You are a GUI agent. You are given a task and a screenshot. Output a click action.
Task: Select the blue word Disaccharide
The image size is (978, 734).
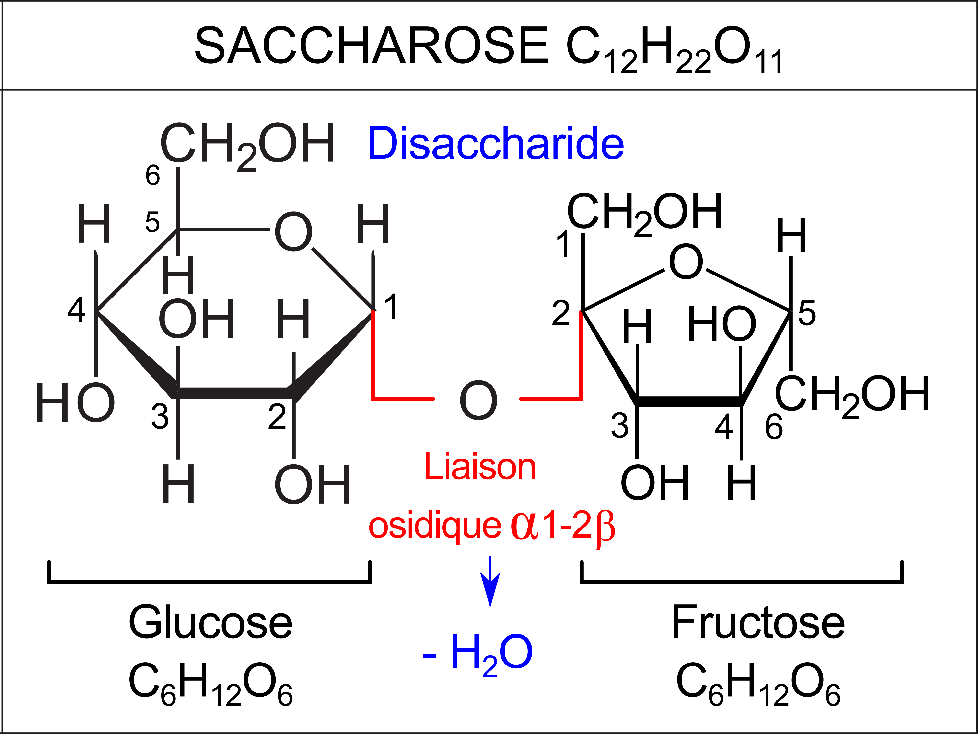point(495,144)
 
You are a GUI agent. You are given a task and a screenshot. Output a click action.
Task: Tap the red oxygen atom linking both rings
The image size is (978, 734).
point(478,400)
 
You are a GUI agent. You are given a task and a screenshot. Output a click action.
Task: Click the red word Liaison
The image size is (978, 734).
point(480,467)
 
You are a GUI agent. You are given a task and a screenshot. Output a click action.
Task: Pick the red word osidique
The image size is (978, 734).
point(435,526)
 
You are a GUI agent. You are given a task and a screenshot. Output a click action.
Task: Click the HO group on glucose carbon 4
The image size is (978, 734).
point(75,402)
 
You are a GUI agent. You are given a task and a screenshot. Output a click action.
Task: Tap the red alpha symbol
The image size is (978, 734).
point(524,526)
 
